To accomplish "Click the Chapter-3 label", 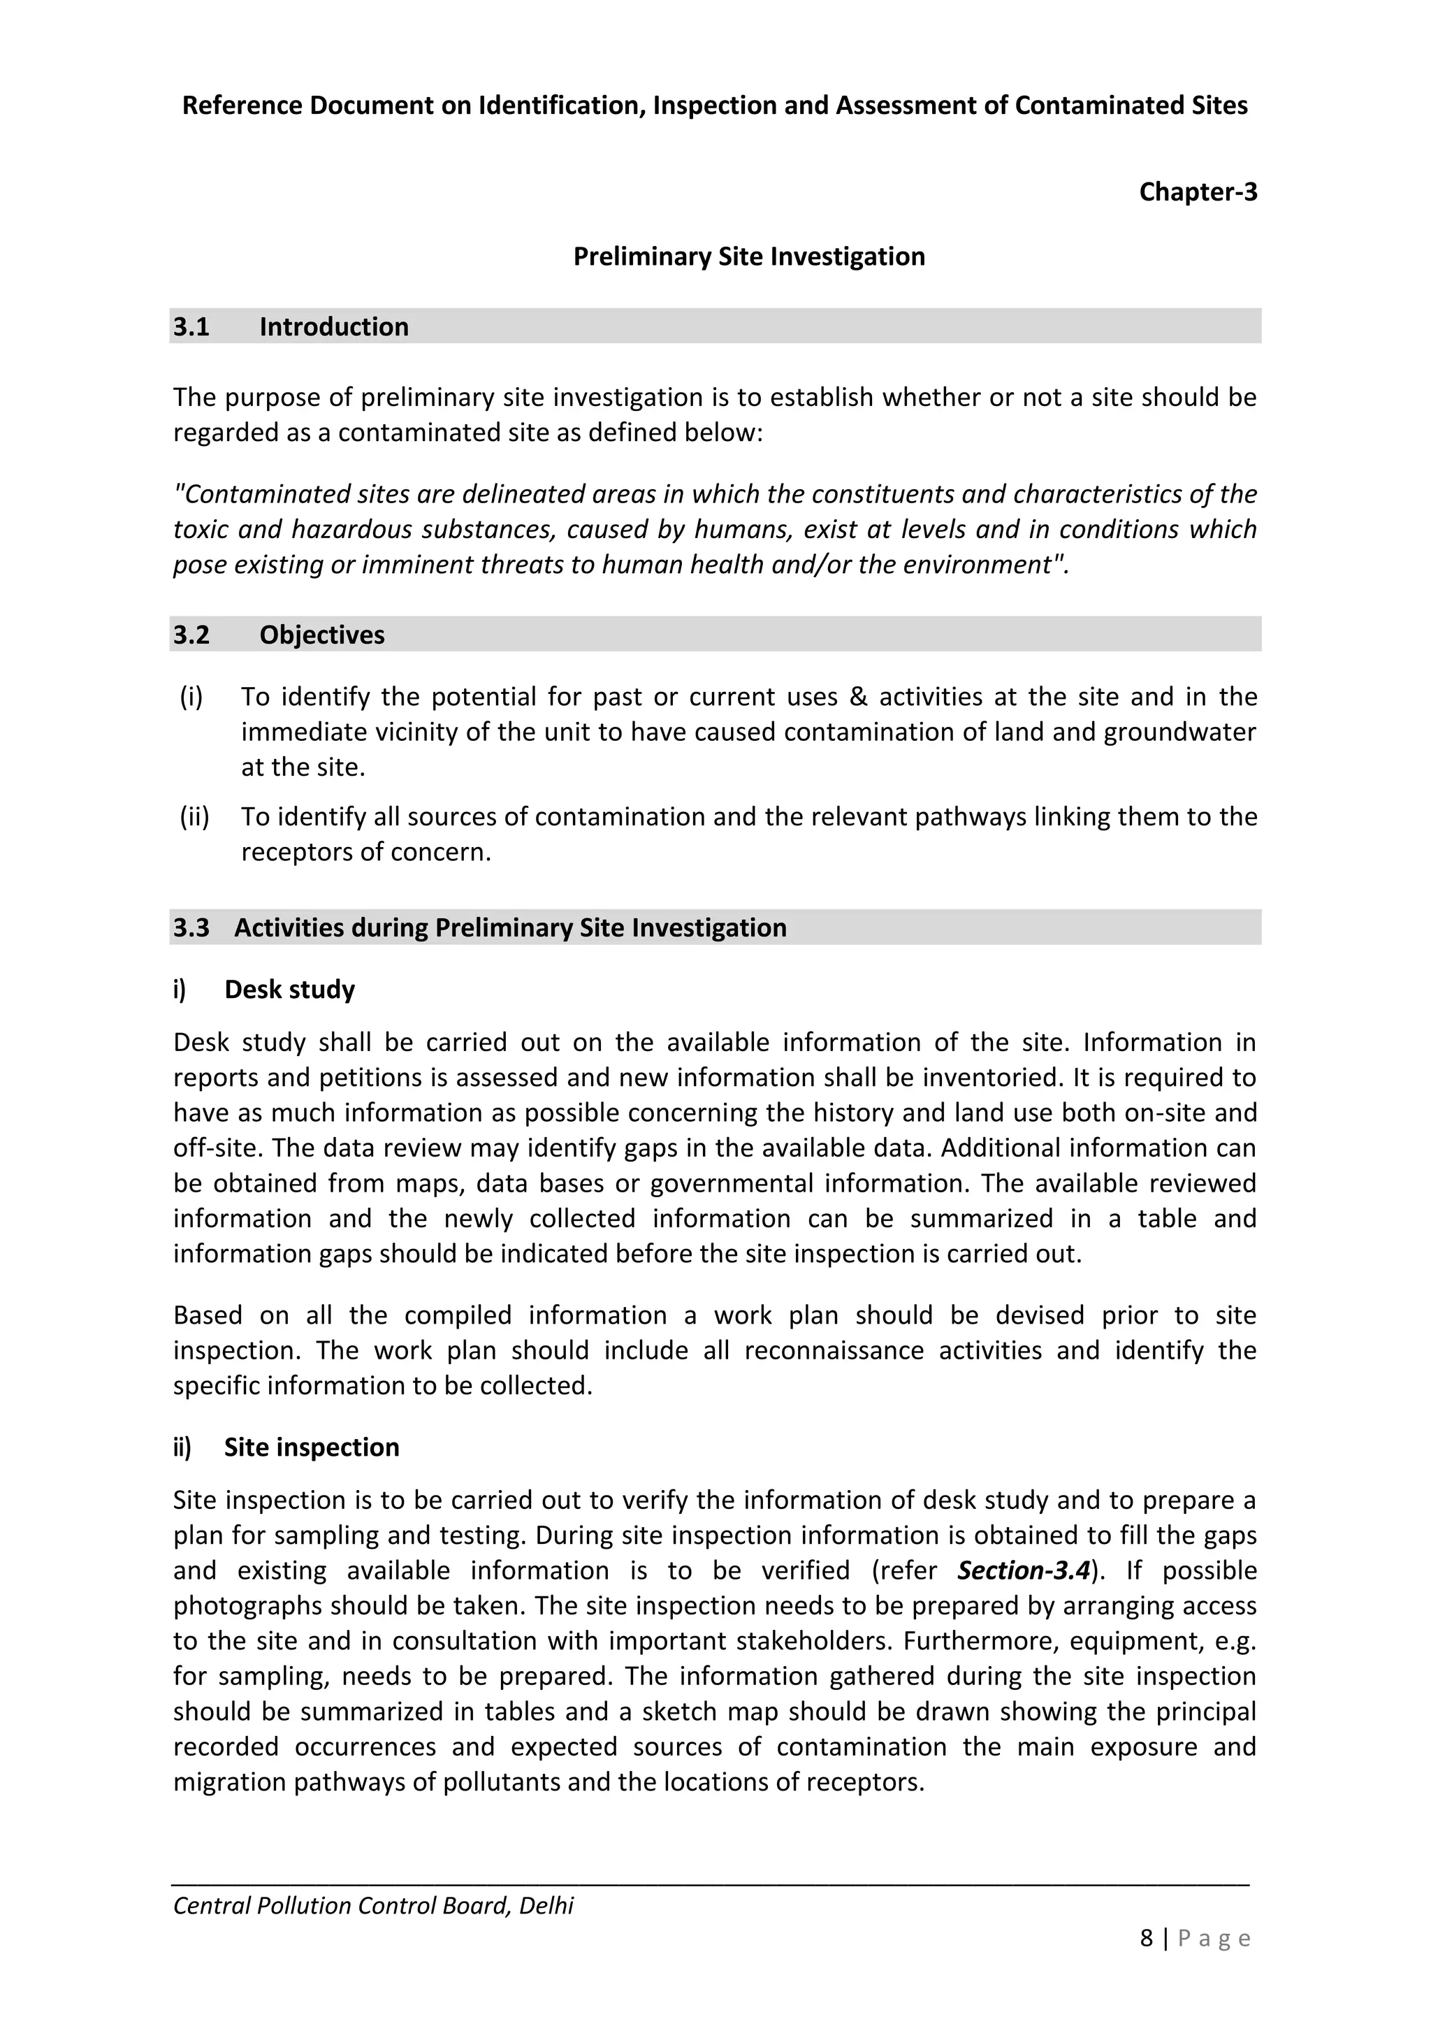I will point(1198,191).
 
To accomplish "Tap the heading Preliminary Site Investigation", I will point(749,256).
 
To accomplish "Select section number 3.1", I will point(191,327).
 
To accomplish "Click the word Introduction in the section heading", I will point(333,327).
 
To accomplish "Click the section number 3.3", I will point(191,927).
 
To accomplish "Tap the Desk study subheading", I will point(289,989).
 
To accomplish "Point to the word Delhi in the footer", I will point(546,1905).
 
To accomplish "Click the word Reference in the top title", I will point(238,106).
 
